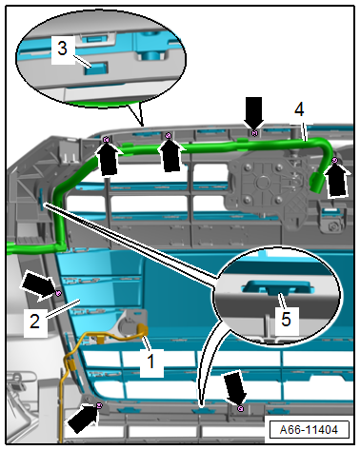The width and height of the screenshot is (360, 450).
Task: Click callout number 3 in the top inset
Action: pyautogui.click(x=63, y=49)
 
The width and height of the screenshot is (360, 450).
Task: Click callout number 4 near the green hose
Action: pyautogui.click(x=299, y=109)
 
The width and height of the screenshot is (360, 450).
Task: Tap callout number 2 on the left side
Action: pyautogui.click(x=34, y=321)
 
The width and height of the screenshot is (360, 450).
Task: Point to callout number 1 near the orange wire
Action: pyautogui.click(x=151, y=362)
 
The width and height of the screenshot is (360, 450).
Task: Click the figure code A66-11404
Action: pyautogui.click(x=309, y=430)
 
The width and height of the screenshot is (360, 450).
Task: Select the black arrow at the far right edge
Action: pyautogui.click(x=337, y=181)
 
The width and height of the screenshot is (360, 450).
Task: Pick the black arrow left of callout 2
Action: pyautogui.click(x=37, y=284)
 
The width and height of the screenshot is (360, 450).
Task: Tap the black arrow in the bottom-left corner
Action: pyautogui.click(x=81, y=419)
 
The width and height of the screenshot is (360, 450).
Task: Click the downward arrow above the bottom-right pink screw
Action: pyautogui.click(x=235, y=389)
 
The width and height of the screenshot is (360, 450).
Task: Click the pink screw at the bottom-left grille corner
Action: pyautogui.click(x=99, y=405)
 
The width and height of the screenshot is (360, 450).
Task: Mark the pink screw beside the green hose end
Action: pyautogui.click(x=334, y=161)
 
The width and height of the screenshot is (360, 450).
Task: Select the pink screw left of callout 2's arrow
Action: pyautogui.click(x=58, y=293)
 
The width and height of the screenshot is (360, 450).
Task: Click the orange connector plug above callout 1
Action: pyautogui.click(x=143, y=330)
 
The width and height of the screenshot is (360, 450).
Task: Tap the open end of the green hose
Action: pyautogui.click(x=317, y=183)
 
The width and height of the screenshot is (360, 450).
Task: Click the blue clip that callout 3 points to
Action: pyautogui.click(x=96, y=68)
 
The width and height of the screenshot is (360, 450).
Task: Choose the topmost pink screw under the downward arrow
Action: pyautogui.click(x=254, y=133)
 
